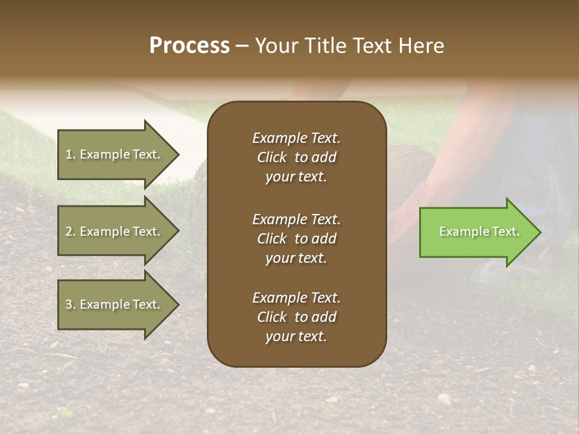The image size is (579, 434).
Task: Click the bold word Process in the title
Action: [x=189, y=46]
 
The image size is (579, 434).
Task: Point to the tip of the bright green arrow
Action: [x=539, y=232]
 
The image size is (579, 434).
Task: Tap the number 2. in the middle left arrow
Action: [x=71, y=231]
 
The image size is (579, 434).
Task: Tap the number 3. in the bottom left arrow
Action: [x=71, y=304]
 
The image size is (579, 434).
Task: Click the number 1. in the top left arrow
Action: [x=70, y=154]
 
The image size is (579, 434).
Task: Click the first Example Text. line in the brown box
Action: [x=296, y=138]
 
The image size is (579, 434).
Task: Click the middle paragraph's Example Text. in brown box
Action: [x=296, y=219]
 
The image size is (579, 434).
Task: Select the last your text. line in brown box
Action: [x=296, y=337]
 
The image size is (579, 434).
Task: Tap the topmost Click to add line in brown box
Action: [x=296, y=157]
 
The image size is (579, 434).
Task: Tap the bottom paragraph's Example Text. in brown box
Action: [x=296, y=298]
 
